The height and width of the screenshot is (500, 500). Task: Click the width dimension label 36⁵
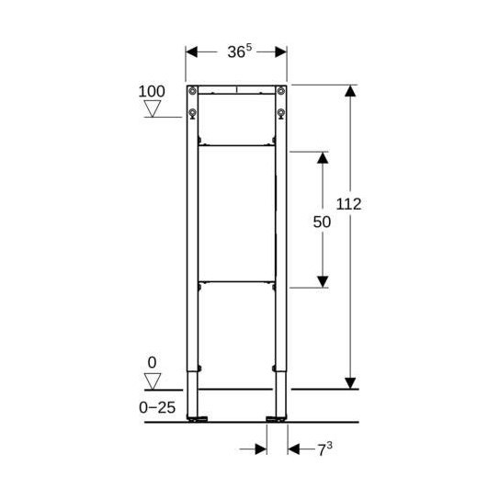236,51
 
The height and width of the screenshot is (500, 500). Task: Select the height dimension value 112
348,204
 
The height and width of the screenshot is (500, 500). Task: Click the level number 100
152,92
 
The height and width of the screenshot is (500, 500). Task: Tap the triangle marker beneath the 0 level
153,380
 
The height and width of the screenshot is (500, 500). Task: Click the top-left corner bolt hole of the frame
192,90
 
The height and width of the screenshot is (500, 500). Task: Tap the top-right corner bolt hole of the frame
281,90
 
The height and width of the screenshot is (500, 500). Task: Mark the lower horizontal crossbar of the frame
236,279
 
